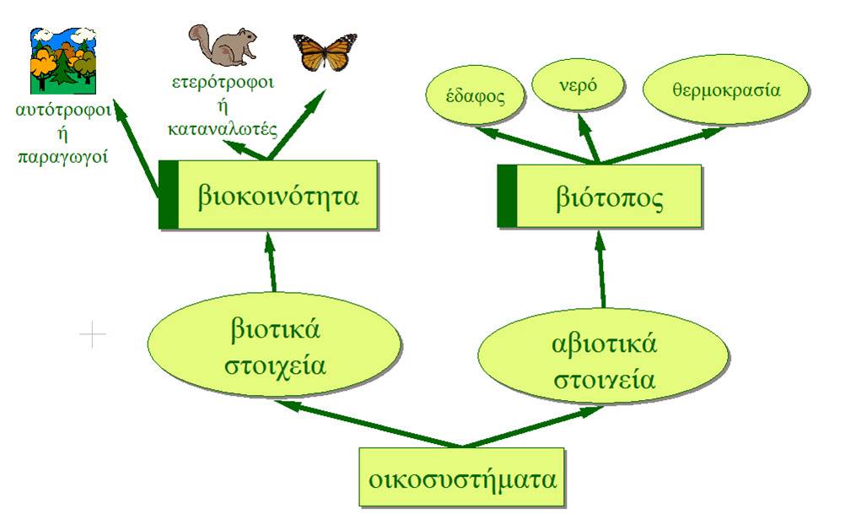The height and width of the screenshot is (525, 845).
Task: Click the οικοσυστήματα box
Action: (x=462, y=477)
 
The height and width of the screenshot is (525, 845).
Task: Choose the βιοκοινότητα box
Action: (x=268, y=195)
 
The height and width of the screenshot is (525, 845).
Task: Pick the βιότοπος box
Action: (x=600, y=196)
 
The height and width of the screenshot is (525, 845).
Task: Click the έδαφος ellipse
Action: (x=475, y=96)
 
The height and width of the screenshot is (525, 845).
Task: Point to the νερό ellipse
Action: (x=578, y=85)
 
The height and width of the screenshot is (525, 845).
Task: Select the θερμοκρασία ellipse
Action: (x=726, y=89)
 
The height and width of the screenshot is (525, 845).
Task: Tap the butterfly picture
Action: (x=325, y=51)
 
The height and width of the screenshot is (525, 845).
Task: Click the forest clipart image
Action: (x=63, y=61)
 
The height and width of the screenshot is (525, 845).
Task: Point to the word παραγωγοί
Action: (x=63, y=156)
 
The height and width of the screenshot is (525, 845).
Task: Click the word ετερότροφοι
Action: (x=223, y=83)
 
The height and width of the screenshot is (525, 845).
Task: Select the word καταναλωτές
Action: (x=223, y=129)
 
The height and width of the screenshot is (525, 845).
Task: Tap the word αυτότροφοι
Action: (x=63, y=111)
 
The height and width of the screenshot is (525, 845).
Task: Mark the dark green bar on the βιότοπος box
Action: (x=507, y=196)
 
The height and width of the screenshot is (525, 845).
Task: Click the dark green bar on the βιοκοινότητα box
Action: (x=169, y=195)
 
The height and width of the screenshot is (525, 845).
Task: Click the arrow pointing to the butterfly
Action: (x=297, y=125)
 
